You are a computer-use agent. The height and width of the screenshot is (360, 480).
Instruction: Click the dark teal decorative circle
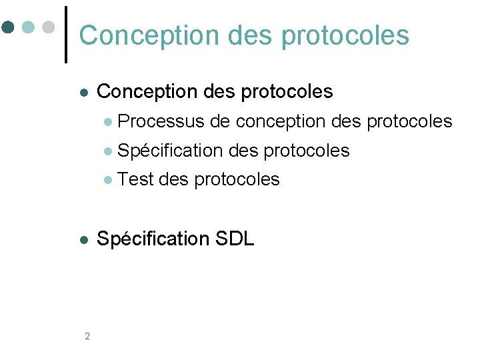8,27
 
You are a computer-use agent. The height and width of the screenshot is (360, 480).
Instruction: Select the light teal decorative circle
27,27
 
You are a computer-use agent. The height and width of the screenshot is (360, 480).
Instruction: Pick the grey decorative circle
48,27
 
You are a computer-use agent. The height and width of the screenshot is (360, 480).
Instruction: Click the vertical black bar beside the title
66,34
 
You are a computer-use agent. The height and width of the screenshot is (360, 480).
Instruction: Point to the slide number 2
87,336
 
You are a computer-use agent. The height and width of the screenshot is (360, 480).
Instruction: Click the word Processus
161,121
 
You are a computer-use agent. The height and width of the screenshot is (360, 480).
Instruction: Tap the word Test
137,179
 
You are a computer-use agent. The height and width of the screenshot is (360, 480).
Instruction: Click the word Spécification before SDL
153,239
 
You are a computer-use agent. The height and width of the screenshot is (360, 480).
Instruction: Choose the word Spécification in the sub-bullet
170,151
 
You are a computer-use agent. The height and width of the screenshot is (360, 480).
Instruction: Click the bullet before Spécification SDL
83,239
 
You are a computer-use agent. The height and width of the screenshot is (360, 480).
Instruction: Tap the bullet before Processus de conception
109,122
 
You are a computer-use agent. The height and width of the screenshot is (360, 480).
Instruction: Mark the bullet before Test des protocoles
109,180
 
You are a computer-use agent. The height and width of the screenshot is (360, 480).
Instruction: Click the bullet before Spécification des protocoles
109,151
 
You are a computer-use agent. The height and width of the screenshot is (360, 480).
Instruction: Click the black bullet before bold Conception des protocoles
83,92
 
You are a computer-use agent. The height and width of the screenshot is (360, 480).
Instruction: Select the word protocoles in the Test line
237,179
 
